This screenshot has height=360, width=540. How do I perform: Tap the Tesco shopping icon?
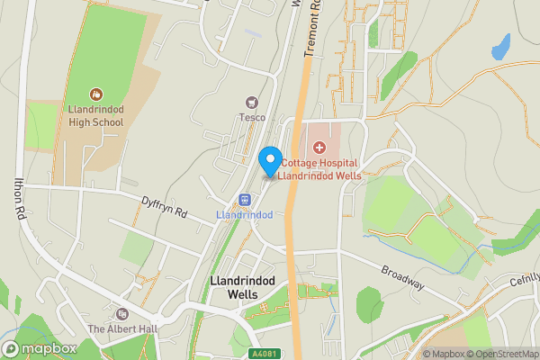[251, 101]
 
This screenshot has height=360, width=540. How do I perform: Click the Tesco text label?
[251, 116]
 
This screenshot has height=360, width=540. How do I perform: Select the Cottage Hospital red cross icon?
[319, 146]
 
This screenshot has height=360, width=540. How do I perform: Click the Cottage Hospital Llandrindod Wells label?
[319, 169]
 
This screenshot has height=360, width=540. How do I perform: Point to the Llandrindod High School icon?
[96, 94]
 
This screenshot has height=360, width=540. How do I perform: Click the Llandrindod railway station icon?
[244, 199]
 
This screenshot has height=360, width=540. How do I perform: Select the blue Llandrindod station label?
[244, 215]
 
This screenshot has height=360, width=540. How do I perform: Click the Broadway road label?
[401, 277]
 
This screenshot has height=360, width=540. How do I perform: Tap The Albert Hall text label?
[122, 328]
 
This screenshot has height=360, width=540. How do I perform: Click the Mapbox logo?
[40, 348]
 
